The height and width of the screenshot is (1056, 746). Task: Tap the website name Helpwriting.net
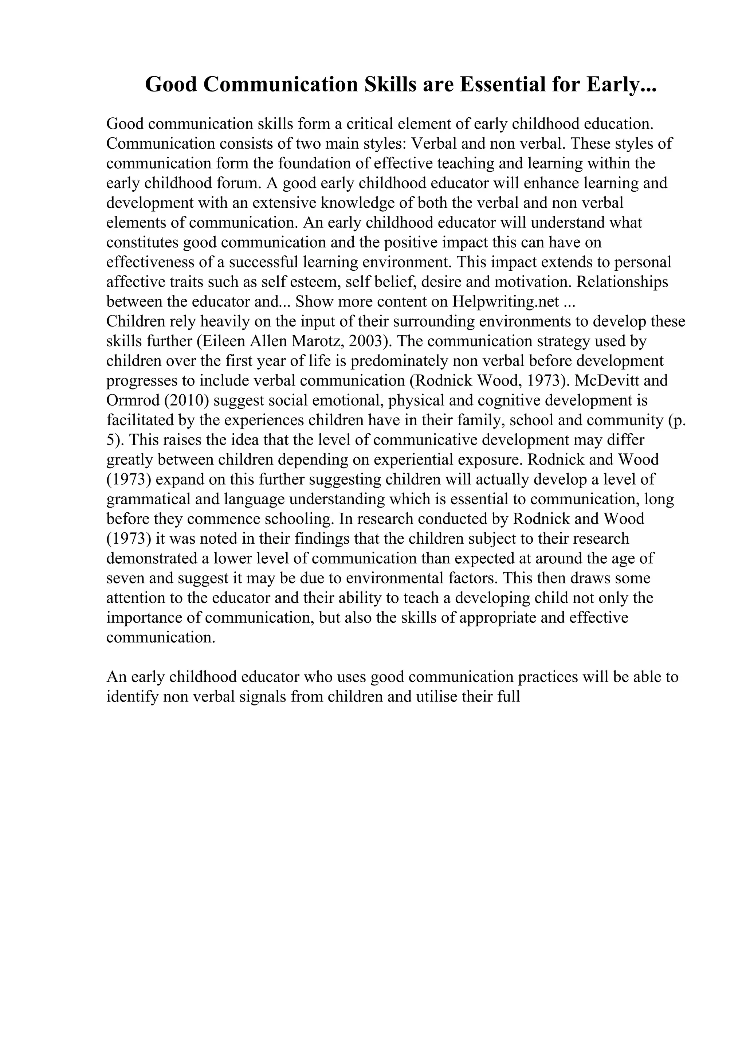pos(506,302)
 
